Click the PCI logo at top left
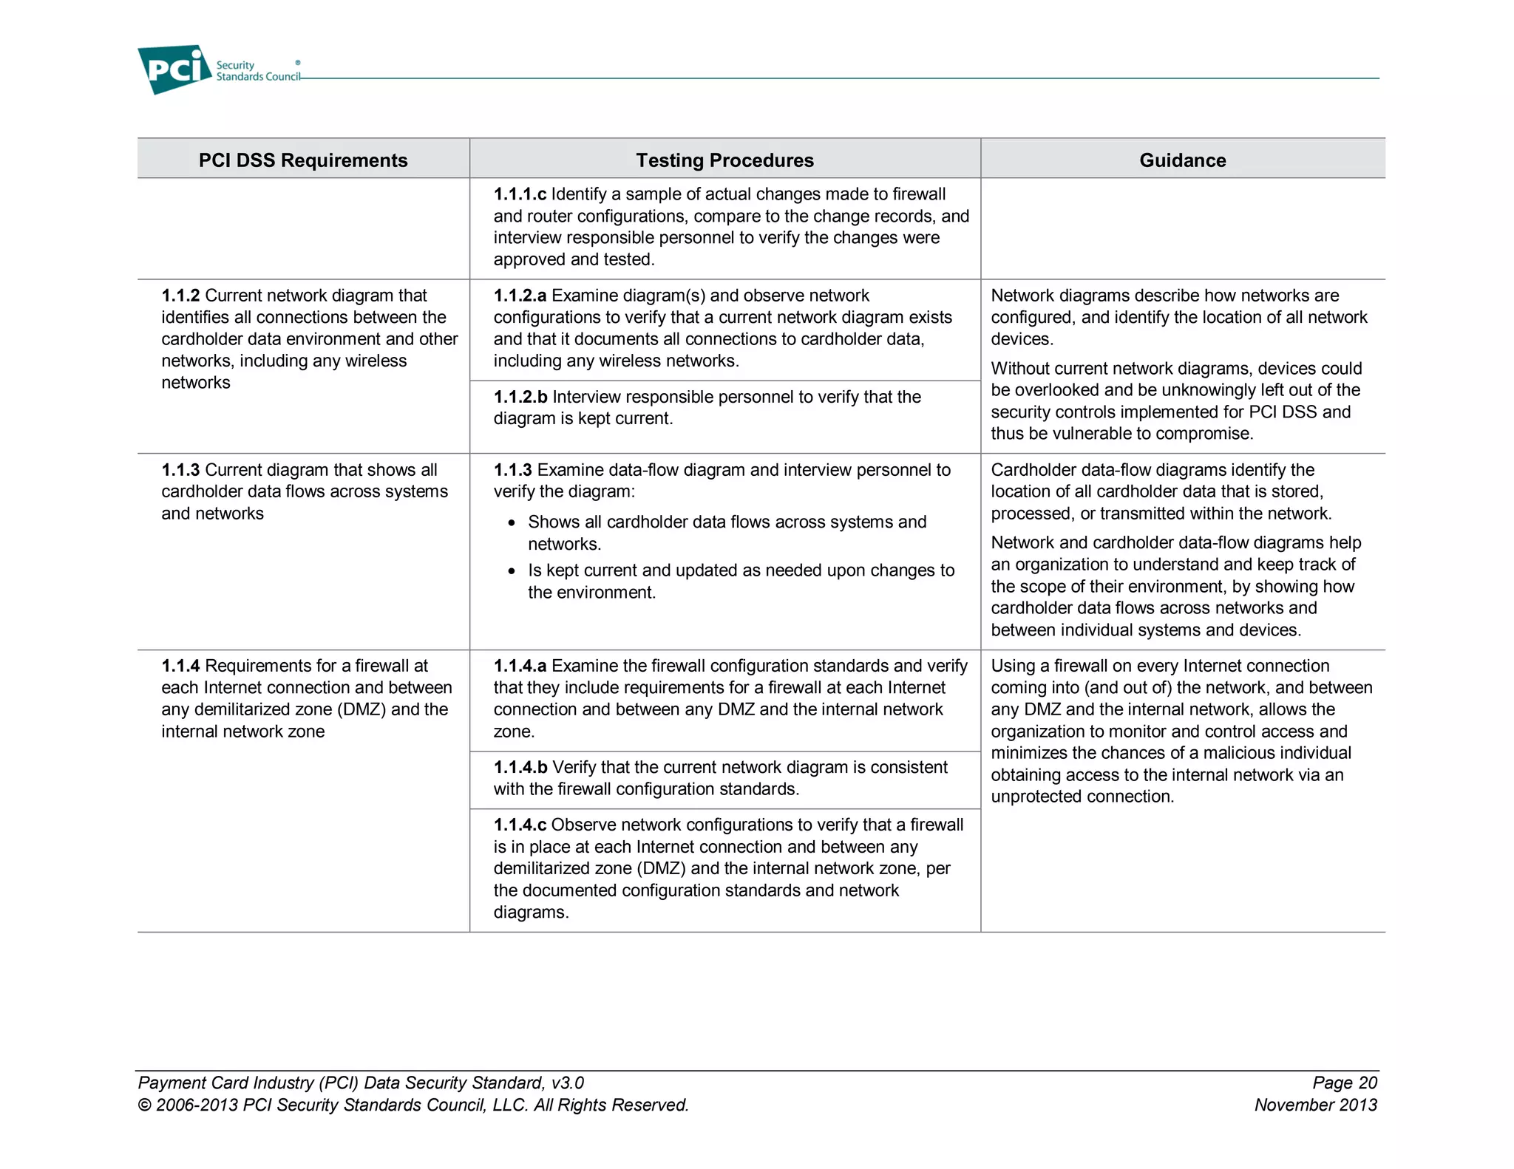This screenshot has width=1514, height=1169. point(174,69)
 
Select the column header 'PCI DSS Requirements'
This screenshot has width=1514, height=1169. point(303,160)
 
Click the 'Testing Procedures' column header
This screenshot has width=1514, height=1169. point(724,160)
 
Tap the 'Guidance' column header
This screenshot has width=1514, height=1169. point(1182,160)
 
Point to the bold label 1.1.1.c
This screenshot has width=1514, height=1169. point(520,194)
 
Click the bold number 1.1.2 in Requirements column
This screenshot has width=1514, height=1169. point(180,296)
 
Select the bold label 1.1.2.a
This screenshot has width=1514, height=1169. point(520,296)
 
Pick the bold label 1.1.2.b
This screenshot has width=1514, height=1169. point(520,397)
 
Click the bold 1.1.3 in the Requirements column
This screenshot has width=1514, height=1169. point(180,470)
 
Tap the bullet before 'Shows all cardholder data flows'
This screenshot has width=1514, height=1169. point(512,523)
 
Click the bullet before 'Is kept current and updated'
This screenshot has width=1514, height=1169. point(512,571)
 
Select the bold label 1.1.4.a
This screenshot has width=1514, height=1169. point(520,666)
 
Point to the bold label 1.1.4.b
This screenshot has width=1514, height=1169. point(520,767)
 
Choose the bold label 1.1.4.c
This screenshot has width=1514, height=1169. point(520,825)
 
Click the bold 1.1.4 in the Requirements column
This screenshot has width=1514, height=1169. point(180,666)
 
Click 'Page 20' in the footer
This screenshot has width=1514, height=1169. point(1344,1083)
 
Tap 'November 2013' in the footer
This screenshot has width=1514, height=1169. point(1315,1105)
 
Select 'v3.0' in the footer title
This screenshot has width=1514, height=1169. point(567,1083)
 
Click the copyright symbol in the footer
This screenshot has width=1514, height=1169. point(145,1105)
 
